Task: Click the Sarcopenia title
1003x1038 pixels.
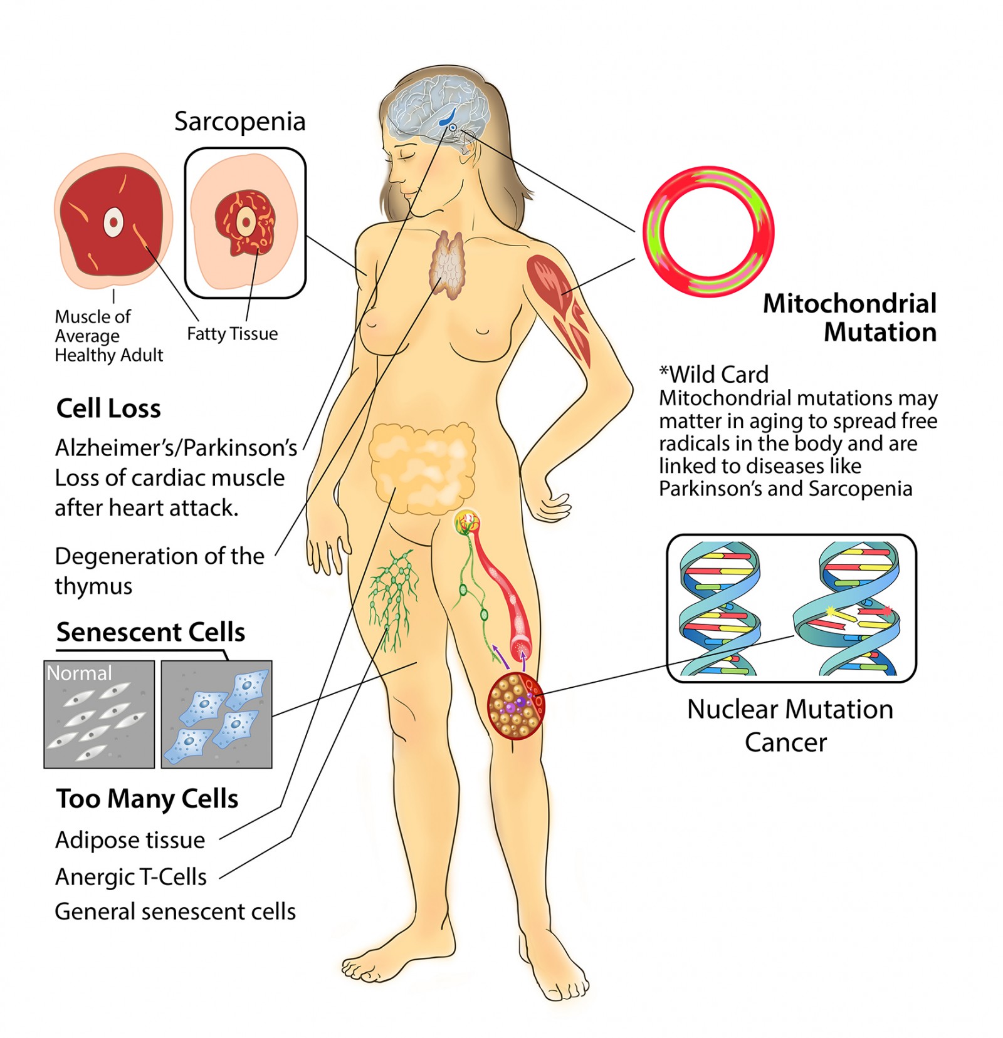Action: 239,122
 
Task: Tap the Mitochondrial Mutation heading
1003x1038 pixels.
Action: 849,318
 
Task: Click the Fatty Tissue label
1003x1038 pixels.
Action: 232,334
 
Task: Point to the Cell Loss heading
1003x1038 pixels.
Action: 108,408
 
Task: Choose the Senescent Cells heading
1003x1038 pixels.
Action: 150,632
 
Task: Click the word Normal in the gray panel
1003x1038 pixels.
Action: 80,673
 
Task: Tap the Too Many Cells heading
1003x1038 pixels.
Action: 147,799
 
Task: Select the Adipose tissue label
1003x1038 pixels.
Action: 130,840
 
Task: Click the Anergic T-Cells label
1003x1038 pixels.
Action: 131,877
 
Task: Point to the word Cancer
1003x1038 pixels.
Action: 785,743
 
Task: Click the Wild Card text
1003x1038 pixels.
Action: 713,375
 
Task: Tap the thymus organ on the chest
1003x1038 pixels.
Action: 447,264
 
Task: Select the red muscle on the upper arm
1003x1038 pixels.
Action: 560,307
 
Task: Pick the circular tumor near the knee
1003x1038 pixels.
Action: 516,706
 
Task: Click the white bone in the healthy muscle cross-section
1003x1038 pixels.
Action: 113,221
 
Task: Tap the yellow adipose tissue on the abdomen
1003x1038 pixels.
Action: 422,467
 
